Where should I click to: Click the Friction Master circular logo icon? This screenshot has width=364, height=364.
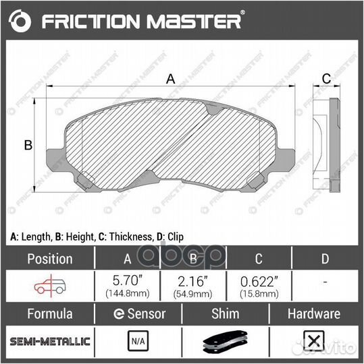tap(21, 22)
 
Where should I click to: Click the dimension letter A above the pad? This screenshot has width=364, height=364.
tap(171, 79)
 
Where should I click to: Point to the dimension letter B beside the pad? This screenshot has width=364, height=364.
tap(28, 144)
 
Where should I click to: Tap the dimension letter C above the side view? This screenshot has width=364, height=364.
tap(326, 79)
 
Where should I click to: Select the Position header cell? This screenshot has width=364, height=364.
tap(49, 258)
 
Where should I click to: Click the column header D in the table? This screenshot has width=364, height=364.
tap(326, 258)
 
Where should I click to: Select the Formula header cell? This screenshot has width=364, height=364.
tap(49, 313)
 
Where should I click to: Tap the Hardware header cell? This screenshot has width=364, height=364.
tap(313, 313)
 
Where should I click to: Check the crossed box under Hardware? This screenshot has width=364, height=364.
tap(313, 342)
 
